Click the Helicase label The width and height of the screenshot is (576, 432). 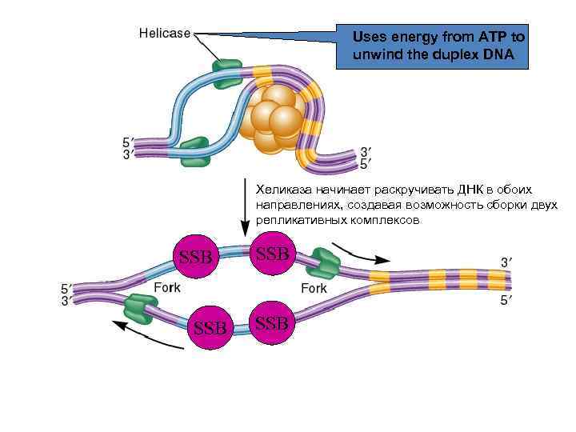165,34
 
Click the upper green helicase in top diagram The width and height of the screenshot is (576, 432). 226,70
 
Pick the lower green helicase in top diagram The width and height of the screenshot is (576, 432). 194,152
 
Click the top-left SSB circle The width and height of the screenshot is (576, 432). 196,257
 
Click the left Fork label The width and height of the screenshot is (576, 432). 167,288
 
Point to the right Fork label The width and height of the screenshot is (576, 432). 314,288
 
